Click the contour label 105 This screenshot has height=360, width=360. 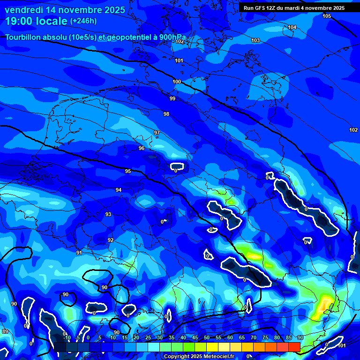(x=327, y=16)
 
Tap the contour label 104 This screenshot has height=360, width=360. (x=292, y=27)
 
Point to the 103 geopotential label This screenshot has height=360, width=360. (x=255, y=40)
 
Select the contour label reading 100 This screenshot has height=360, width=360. (x=177, y=82)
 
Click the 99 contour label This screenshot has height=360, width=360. (x=172, y=98)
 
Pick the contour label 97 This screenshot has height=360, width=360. (x=157, y=133)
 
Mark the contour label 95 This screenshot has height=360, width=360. (x=128, y=171)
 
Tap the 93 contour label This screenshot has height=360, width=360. (x=108, y=214)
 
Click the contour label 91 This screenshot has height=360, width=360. (x=79, y=253)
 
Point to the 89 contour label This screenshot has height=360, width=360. (x=5, y=331)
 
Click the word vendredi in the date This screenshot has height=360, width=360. (x=26, y=10)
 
